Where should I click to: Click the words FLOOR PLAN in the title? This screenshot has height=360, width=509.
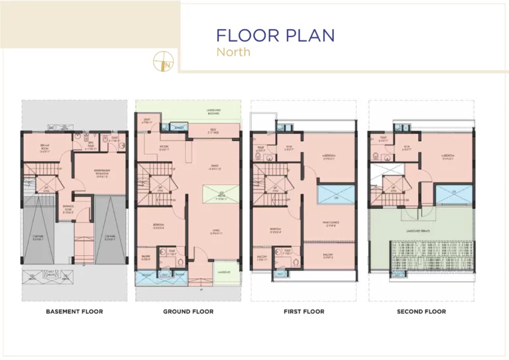[x=275, y=34]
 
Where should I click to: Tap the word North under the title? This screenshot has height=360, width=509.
[x=234, y=52]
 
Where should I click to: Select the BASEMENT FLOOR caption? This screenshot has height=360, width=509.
[x=74, y=311]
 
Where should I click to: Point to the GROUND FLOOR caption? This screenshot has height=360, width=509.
[x=188, y=311]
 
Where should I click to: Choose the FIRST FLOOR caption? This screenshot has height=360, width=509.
[x=304, y=311]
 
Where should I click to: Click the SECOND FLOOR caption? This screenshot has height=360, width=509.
[x=422, y=311]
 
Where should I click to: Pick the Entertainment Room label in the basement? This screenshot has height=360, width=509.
[x=98, y=174]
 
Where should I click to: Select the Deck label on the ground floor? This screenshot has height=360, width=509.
[x=213, y=131]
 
